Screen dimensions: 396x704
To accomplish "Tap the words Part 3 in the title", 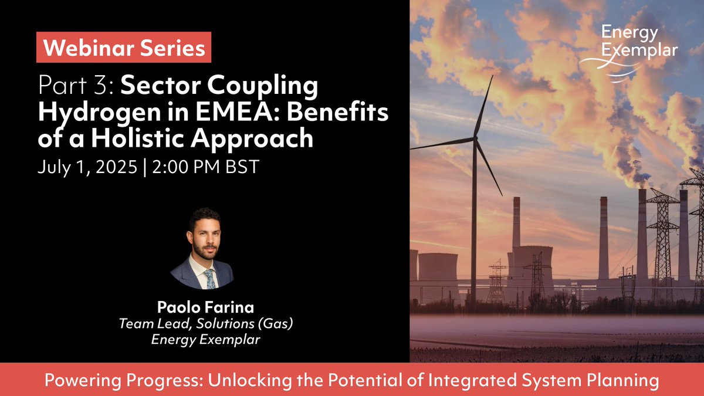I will [76, 87].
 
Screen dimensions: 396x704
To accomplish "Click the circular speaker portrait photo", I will [202, 249].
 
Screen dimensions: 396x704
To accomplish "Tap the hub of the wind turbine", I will [475, 140].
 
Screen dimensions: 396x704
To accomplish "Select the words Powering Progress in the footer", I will [114, 380].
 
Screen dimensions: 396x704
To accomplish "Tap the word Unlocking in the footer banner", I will [235, 380].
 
